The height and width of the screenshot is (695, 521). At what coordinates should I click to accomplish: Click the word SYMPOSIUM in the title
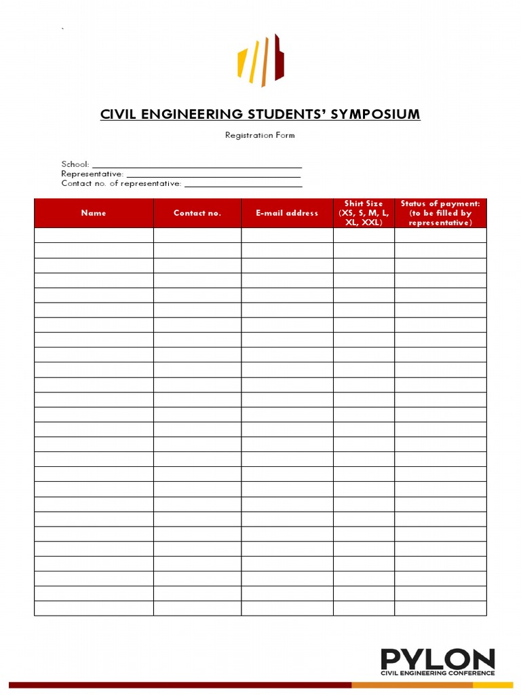tap(375, 114)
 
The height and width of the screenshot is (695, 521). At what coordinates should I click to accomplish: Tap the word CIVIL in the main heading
tap(119, 114)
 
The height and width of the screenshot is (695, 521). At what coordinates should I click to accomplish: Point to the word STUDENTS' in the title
tap(286, 114)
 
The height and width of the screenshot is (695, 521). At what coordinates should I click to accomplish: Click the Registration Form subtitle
tap(260, 135)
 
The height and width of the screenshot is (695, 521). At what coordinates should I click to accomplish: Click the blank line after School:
tap(197, 165)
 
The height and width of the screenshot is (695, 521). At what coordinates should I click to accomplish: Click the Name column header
tap(94, 213)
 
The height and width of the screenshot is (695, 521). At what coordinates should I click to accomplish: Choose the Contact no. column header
tap(197, 213)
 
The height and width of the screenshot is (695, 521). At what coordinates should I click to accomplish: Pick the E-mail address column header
tap(287, 213)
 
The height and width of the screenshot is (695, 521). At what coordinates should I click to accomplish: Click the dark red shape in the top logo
tap(278, 57)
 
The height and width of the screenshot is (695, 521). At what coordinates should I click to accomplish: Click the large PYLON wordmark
tap(437, 659)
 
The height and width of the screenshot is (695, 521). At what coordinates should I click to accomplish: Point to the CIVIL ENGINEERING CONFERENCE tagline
tap(437, 674)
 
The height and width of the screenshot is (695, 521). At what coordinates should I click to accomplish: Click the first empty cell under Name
tap(94, 236)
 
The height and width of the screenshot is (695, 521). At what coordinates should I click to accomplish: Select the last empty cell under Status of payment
tap(440, 608)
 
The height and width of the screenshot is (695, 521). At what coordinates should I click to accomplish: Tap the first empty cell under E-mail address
tap(287, 236)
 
